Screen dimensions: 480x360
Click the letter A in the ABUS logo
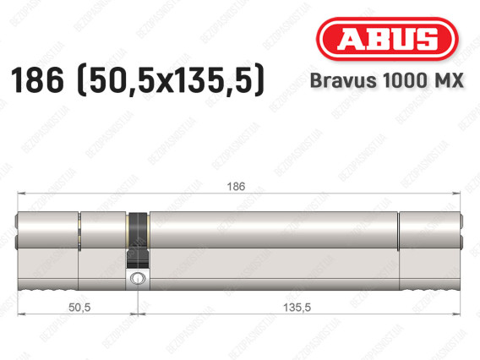352,39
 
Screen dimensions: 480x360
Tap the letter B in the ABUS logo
379,39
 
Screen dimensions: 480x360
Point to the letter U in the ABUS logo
403,39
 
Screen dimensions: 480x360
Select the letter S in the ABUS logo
428,39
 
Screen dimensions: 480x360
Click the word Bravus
343,80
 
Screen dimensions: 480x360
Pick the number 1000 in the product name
405,80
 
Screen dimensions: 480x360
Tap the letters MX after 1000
449,80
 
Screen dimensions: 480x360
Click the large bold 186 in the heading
37,80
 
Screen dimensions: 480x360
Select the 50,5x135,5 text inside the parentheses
171,80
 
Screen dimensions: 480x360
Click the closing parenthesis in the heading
259,80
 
